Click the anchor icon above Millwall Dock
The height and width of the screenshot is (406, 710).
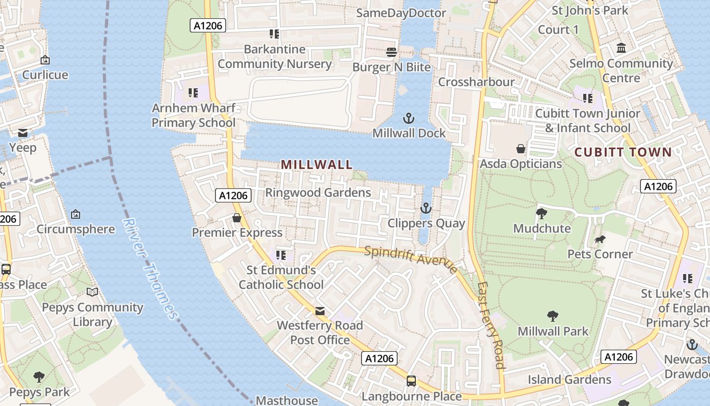pyautogui.click(x=408, y=119)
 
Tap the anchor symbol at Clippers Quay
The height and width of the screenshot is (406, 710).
pyautogui.click(x=425, y=208)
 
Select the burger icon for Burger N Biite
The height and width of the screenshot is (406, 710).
pyautogui.click(x=391, y=52)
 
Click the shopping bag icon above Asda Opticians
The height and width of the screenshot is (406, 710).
pyautogui.click(x=520, y=149)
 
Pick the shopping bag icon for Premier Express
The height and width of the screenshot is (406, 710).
pyautogui.click(x=236, y=218)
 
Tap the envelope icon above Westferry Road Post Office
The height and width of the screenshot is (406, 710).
pyautogui.click(x=320, y=311)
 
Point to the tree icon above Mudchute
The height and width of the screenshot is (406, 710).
pyautogui.click(x=542, y=213)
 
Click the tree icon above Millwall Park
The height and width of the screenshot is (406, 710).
pyautogui.click(x=553, y=316)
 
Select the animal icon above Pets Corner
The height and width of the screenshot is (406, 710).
pyautogui.click(x=600, y=239)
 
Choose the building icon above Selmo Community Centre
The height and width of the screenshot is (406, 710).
pyautogui.click(x=621, y=48)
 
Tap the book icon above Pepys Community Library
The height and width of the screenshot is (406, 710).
pyautogui.click(x=92, y=292)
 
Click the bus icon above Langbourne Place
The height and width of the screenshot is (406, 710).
pyautogui.click(x=411, y=381)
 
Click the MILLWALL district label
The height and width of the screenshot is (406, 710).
pyautogui.click(x=316, y=164)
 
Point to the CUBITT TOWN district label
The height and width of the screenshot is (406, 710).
pyautogui.click(x=623, y=152)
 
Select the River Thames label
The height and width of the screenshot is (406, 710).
pyautogui.click(x=151, y=269)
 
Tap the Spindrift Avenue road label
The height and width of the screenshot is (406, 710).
pyautogui.click(x=410, y=259)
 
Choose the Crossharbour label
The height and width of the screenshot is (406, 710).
pyautogui.click(x=476, y=82)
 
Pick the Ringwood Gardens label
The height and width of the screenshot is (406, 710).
pyautogui.click(x=318, y=192)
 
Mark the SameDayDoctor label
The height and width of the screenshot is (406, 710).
pyautogui.click(x=401, y=13)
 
